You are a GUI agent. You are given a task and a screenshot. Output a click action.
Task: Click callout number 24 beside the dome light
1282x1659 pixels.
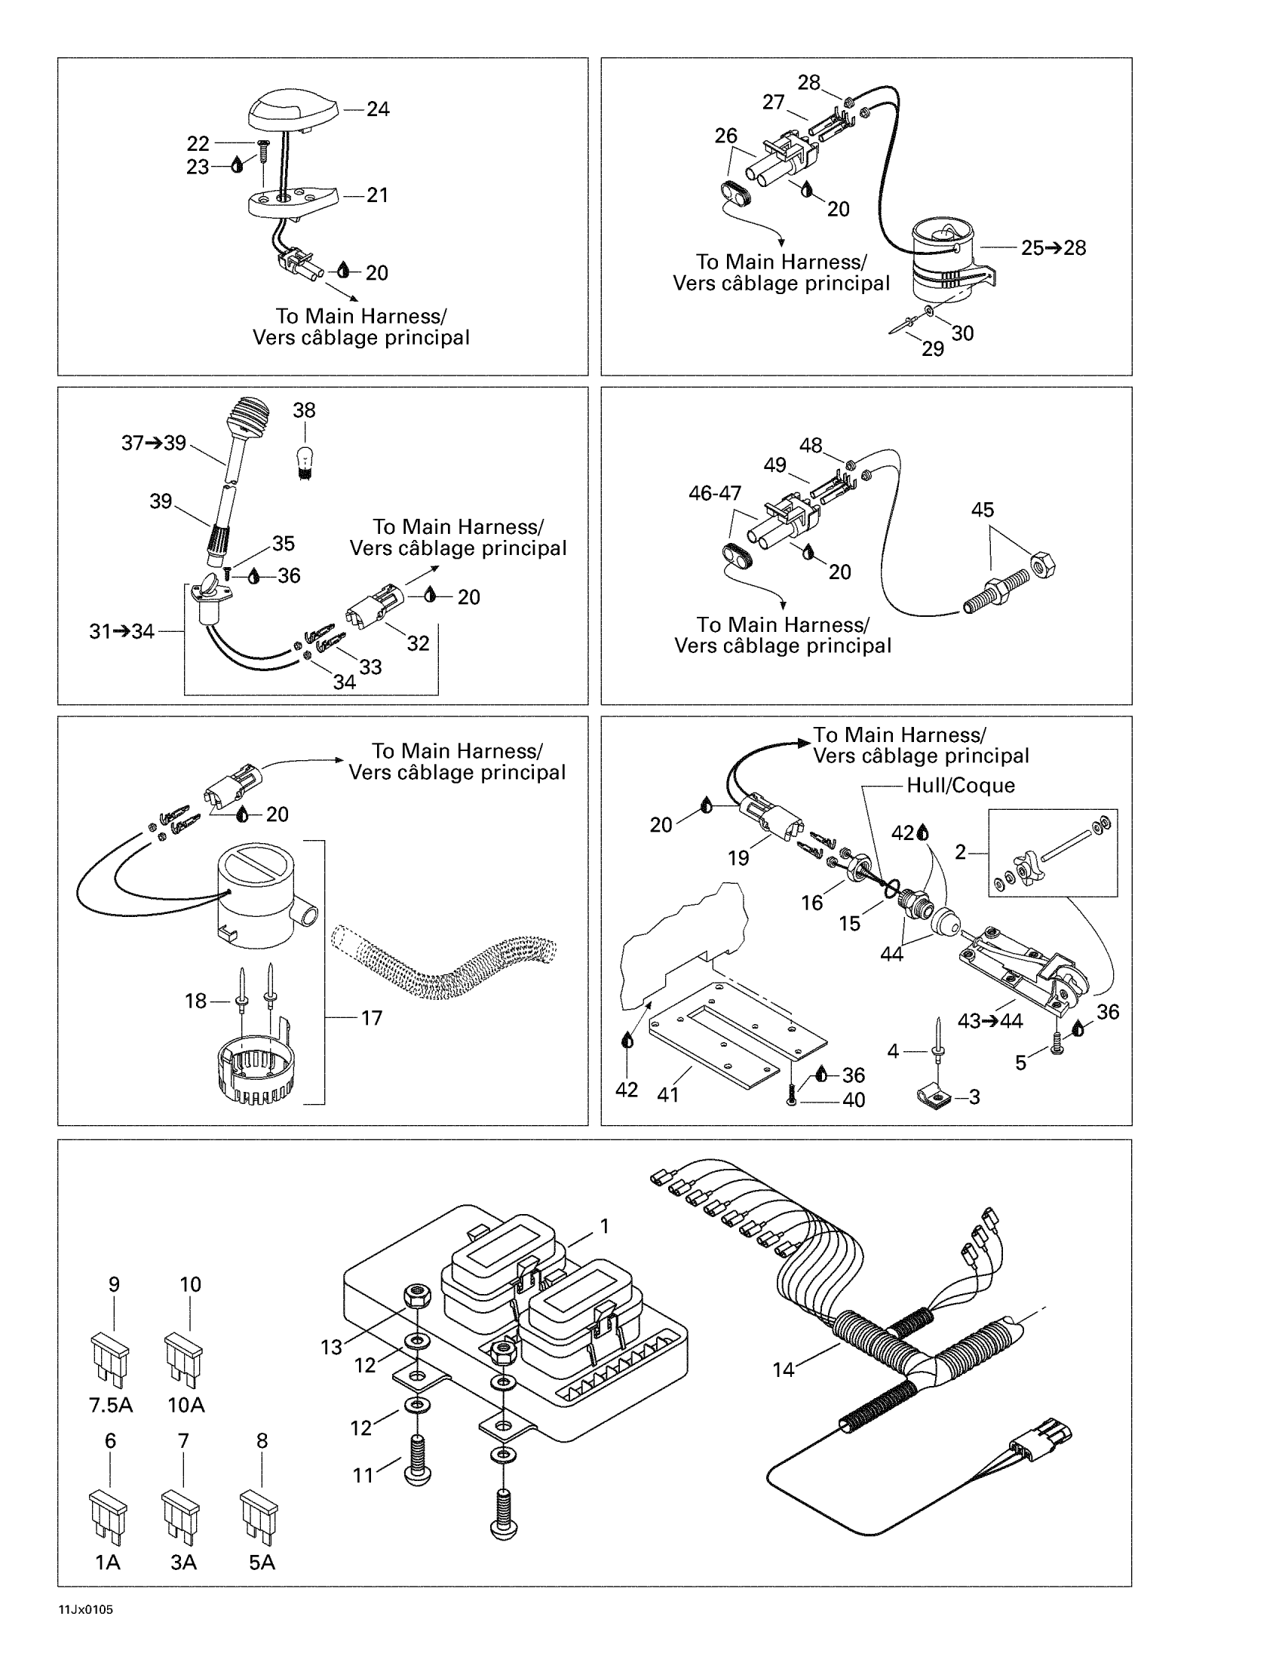pyautogui.click(x=378, y=109)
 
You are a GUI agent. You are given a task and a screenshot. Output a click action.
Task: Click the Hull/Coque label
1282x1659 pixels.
pyautogui.click(x=960, y=786)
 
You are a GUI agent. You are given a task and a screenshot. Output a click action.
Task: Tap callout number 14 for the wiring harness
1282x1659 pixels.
pyautogui.click(x=783, y=1369)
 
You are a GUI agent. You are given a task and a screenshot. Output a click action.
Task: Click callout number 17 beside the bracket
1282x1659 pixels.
pyautogui.click(x=371, y=1018)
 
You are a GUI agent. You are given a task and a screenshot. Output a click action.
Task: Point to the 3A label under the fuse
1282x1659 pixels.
pyautogui.click(x=183, y=1562)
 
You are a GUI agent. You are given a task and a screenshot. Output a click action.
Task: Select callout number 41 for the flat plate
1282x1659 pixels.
pyautogui.click(x=667, y=1095)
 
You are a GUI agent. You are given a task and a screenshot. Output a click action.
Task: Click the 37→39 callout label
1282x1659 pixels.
pyautogui.click(x=153, y=443)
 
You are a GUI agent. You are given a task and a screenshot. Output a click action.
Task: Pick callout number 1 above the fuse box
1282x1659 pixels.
pyautogui.click(x=605, y=1226)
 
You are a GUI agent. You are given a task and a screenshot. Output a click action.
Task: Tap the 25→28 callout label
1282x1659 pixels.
pyautogui.click(x=1053, y=247)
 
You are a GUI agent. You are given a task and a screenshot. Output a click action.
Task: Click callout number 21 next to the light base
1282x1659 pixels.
pyautogui.click(x=378, y=195)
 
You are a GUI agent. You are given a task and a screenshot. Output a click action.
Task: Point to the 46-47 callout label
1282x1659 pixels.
pyautogui.click(x=715, y=493)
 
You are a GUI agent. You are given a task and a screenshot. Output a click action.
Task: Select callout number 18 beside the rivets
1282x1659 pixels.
pyautogui.click(x=196, y=1001)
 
